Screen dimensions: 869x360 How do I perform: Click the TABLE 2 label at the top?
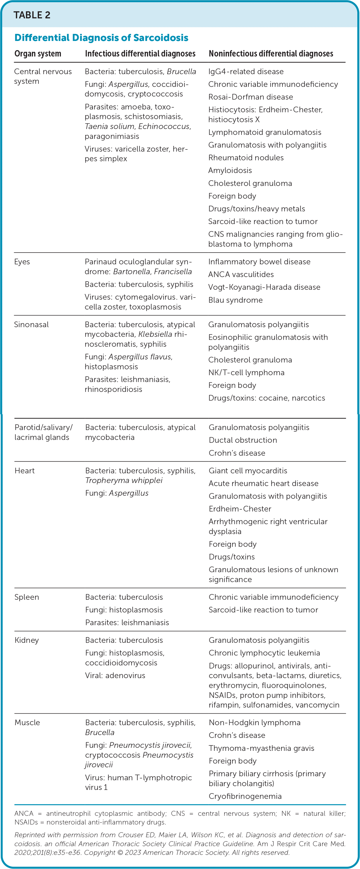[32, 15]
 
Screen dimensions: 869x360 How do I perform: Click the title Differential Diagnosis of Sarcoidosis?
[101, 37]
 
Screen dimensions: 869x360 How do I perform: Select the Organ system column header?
[38, 54]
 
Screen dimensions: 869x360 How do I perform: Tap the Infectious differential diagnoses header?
[140, 54]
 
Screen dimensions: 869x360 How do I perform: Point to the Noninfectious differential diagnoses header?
[271, 54]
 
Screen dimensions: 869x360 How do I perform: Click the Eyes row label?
[22, 262]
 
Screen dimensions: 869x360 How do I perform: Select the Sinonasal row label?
[31, 325]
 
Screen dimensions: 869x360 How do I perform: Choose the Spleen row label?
[27, 597]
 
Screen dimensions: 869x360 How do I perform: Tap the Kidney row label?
[27, 640]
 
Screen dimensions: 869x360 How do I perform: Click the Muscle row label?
[27, 723]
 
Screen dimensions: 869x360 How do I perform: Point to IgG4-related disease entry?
[246, 72]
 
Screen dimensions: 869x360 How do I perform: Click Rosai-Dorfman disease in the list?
[250, 97]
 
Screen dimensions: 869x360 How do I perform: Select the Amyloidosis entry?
[230, 171]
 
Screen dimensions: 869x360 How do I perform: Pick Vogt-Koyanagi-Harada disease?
[264, 287]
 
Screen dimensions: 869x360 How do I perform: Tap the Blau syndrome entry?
[235, 300]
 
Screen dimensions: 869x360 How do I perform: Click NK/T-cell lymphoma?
[246, 372]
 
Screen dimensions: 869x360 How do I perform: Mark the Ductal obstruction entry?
[243, 440]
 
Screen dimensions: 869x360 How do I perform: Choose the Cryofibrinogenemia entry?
[245, 796]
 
